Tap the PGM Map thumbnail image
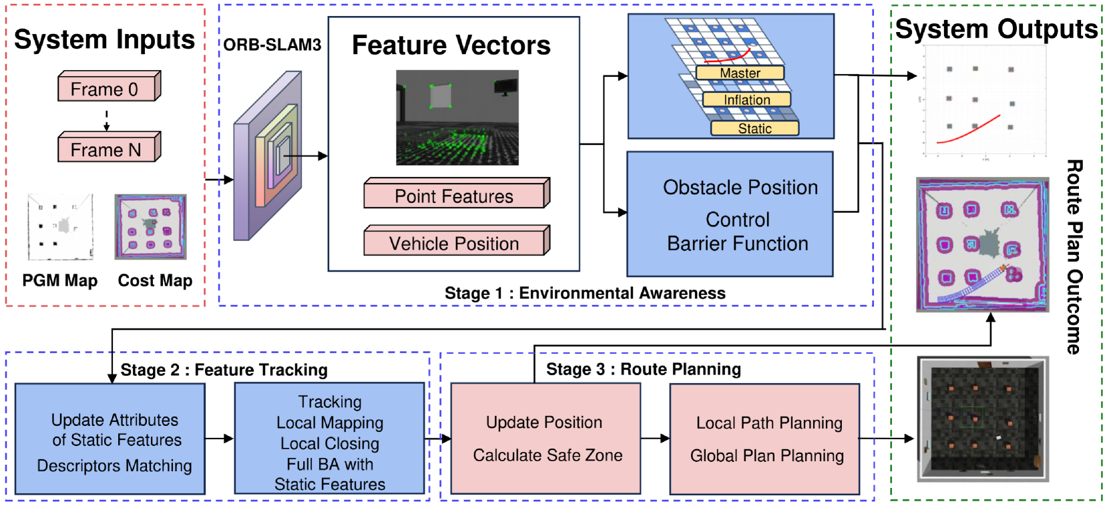pos(60,227)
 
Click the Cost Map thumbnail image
pos(150,227)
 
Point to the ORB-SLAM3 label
pos(272,45)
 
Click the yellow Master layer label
pos(740,73)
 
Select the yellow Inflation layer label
pos(747,99)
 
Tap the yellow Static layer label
pos(754,128)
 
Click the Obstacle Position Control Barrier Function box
pos(730,214)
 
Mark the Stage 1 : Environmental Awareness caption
pos(585,293)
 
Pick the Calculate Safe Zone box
pos(545,439)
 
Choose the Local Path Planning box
pos(764,439)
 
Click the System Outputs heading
pos(995,29)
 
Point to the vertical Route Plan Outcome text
pos(1074,256)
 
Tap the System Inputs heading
pos(104,40)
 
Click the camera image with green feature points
pos(457,117)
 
